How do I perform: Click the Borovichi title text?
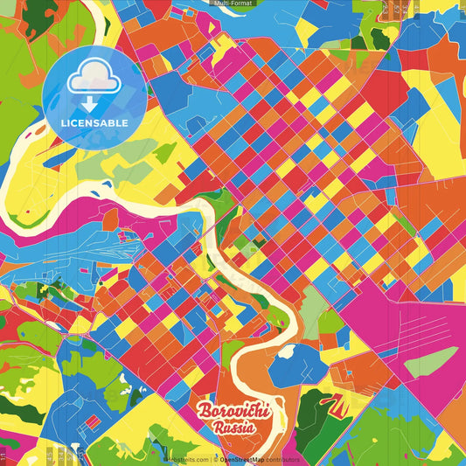pos(234,411)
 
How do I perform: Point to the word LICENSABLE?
pos(94,122)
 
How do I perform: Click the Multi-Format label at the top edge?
pos(233,3)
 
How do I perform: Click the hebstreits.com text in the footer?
pos(186,459)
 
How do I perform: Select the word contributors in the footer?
pos(282,459)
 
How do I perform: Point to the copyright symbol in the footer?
pos(215,459)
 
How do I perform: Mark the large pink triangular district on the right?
pos(420,315)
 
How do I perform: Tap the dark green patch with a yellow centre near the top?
pos(379,38)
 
